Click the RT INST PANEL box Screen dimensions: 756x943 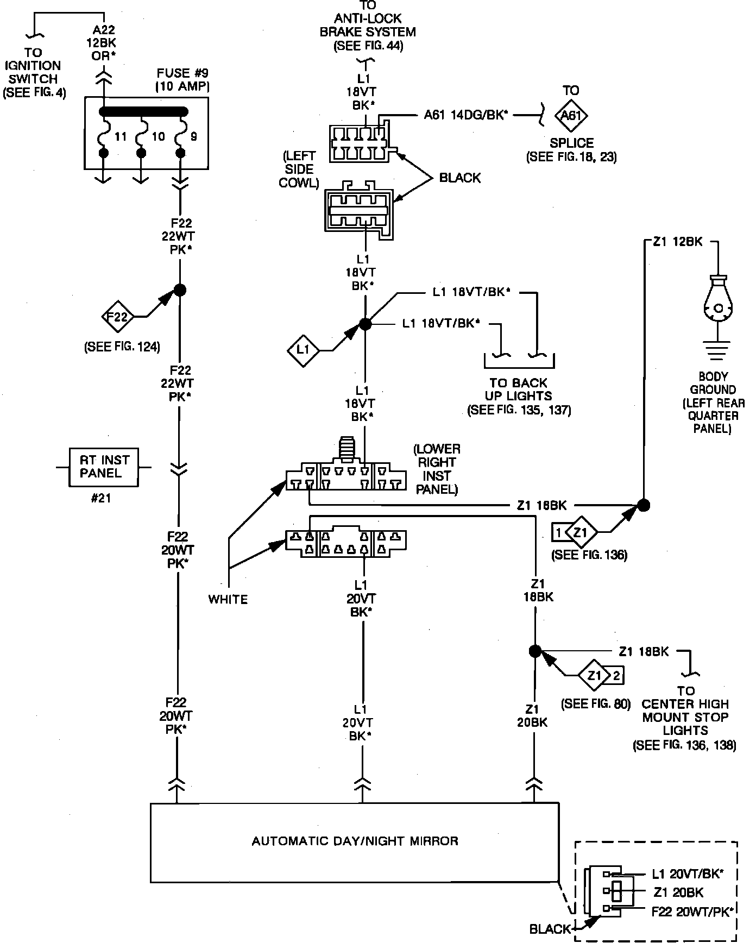pyautogui.click(x=103, y=467)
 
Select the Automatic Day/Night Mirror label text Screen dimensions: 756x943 pyautogui.click(x=355, y=841)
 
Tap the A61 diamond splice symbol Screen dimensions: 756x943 pyautogui.click(x=571, y=115)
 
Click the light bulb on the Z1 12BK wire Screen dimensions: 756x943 pyautogui.click(x=717, y=299)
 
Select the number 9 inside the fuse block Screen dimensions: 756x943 pyautogui.click(x=194, y=136)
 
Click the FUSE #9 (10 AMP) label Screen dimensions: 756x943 pyautogui.click(x=182, y=79)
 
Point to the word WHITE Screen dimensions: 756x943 pyautogui.click(x=228, y=599)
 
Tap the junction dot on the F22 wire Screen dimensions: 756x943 pyautogui.click(x=180, y=290)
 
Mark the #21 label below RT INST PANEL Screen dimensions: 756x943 pyautogui.click(x=101, y=498)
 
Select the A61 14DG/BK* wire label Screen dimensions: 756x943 pyautogui.click(x=466, y=115)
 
